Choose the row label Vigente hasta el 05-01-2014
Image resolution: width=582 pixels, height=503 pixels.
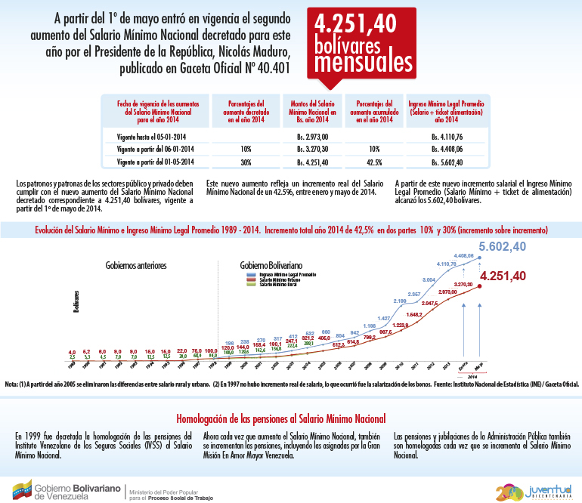[x=154, y=136]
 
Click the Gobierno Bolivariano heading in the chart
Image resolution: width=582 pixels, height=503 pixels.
[x=271, y=266]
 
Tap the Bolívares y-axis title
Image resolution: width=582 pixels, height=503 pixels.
[x=76, y=300]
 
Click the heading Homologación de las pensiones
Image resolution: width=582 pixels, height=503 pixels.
[x=281, y=418]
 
